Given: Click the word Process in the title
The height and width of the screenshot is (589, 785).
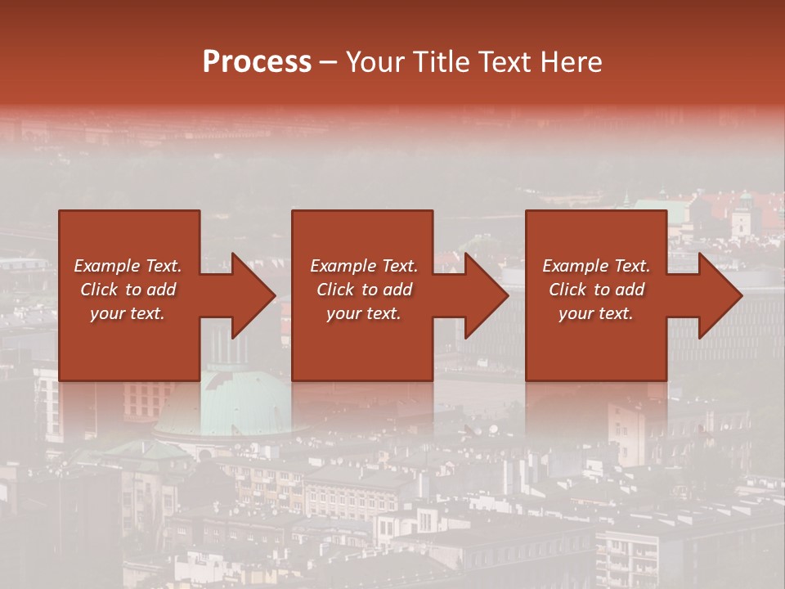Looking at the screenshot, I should click(x=257, y=62).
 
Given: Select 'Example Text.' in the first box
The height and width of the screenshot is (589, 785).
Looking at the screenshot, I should click(x=128, y=266).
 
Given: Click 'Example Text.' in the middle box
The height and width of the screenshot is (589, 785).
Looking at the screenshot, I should click(x=364, y=266).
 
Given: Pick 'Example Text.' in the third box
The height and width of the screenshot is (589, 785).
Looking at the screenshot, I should click(x=596, y=266).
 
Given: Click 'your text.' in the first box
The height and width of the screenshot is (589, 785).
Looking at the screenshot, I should click(x=128, y=313).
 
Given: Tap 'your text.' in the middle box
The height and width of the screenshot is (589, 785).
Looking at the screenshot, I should click(x=364, y=313).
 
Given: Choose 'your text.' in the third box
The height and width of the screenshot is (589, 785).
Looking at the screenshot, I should click(x=596, y=313).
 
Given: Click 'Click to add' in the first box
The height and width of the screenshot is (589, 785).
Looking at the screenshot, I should click(x=128, y=290).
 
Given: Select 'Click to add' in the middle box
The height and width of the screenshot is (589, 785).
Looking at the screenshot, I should click(x=364, y=290).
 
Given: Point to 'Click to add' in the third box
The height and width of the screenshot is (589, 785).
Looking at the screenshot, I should click(x=596, y=290).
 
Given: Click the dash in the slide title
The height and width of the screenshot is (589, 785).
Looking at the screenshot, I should click(x=329, y=62).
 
